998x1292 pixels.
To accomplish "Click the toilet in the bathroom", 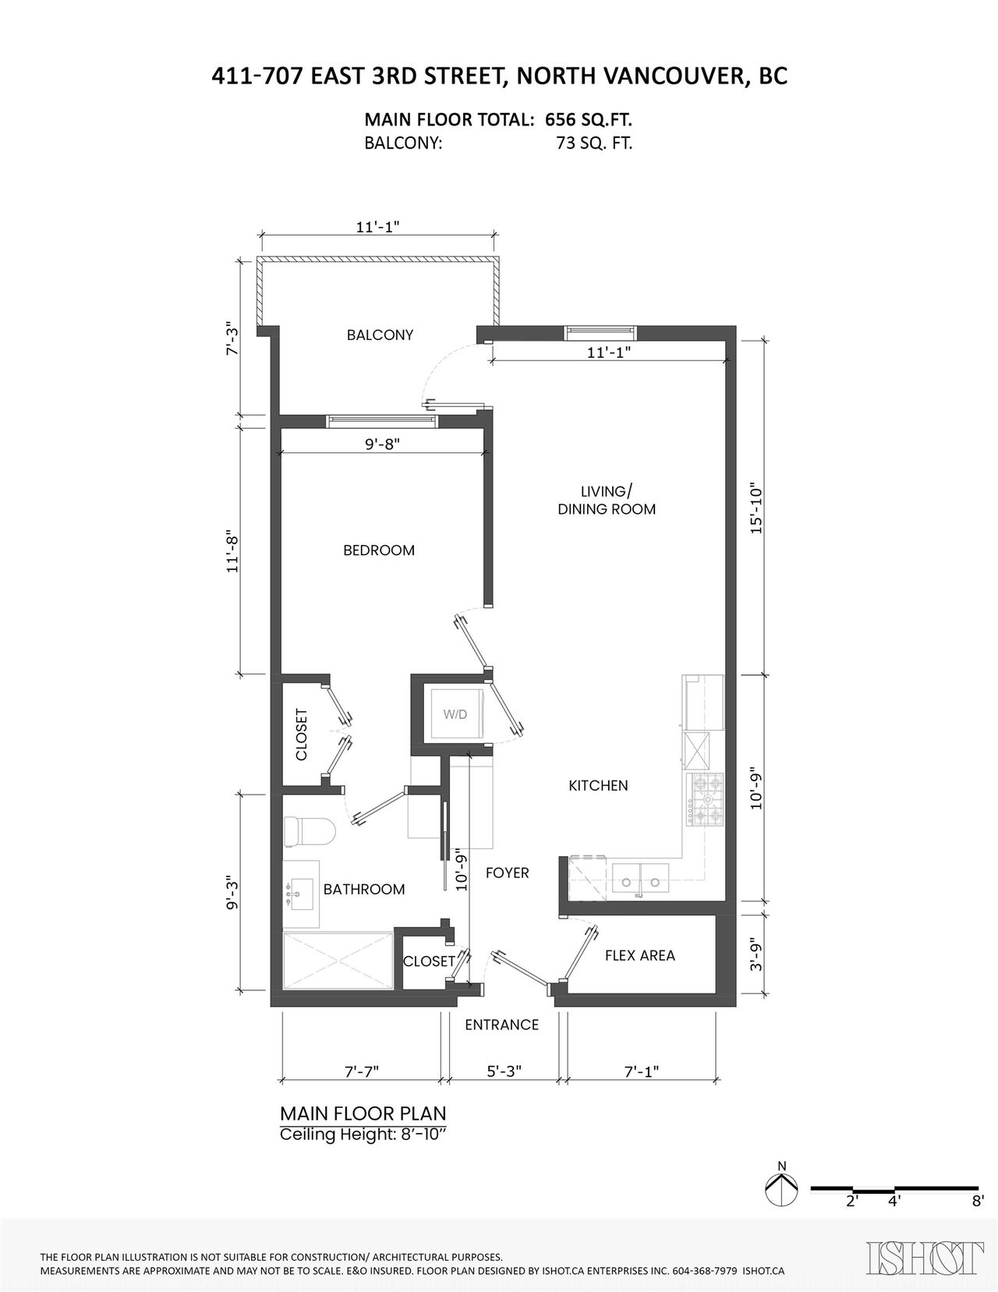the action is (310, 832).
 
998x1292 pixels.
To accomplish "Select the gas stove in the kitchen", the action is (706, 799).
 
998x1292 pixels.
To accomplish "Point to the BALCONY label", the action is (380, 335).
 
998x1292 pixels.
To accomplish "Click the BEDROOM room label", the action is (379, 550).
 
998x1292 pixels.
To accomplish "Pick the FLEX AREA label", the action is (639, 955).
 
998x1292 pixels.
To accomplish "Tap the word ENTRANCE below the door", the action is (501, 1025).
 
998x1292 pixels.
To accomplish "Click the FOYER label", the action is (507, 873).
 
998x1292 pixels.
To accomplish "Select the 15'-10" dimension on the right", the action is (756, 508).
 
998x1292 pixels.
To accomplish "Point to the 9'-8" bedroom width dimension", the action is (381, 444).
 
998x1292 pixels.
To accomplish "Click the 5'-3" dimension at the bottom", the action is (504, 1071).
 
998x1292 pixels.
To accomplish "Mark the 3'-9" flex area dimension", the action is (756, 955).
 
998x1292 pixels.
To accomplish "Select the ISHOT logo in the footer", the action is (924, 1257).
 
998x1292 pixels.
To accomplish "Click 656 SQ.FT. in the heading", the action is (589, 119).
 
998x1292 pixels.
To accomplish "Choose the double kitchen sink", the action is (640, 879).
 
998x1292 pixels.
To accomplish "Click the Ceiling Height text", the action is (363, 1134).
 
